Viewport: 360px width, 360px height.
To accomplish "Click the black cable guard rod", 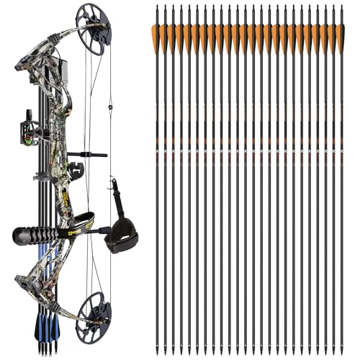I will pyautogui.click(x=90, y=154).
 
